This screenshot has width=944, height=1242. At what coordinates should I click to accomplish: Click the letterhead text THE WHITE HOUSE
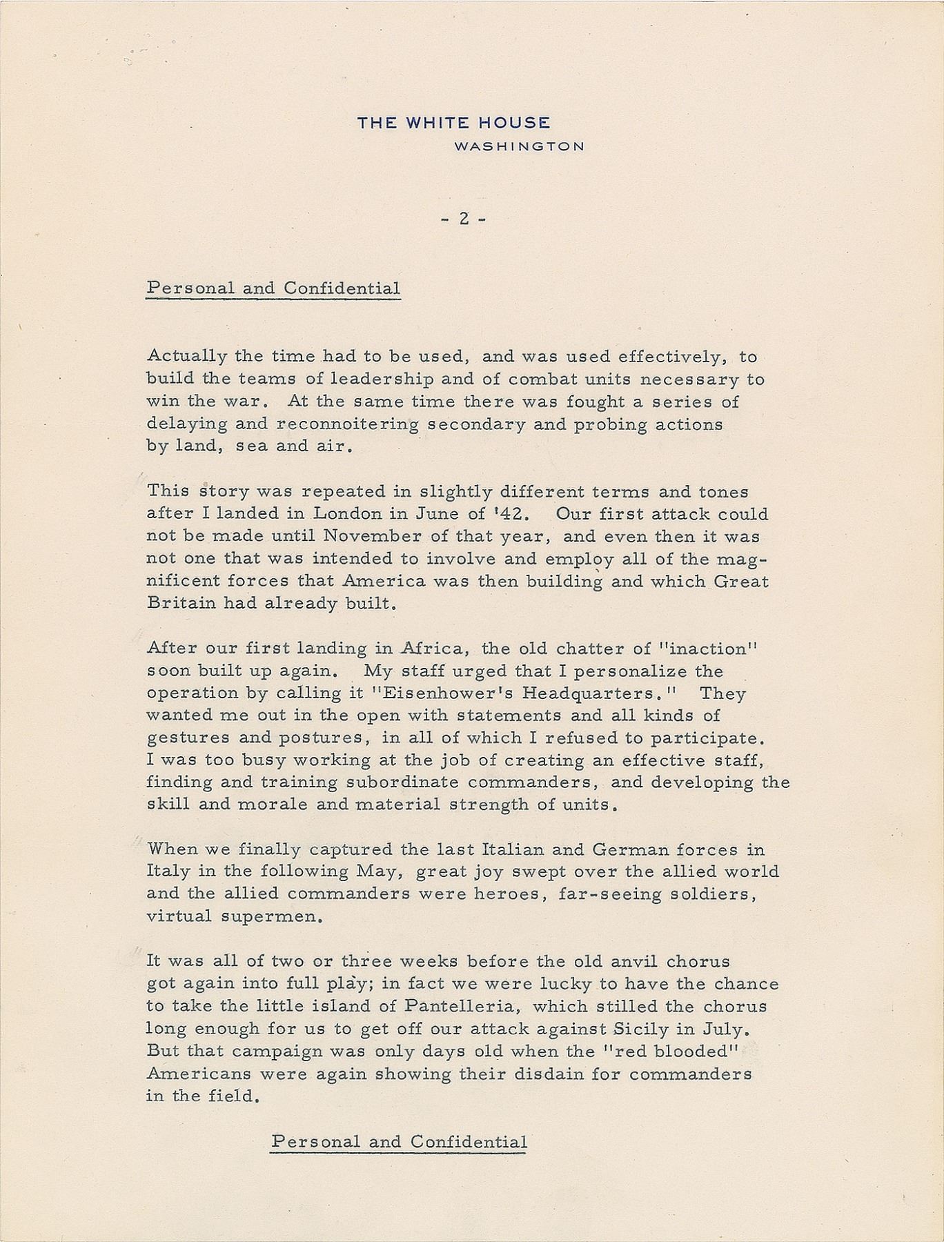coord(453,124)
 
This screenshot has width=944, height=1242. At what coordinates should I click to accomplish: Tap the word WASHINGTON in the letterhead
coord(519,146)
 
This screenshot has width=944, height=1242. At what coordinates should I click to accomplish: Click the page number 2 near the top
coord(464,219)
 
